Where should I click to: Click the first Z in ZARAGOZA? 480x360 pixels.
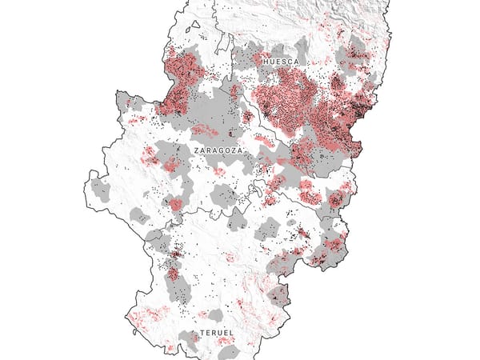point(195,150)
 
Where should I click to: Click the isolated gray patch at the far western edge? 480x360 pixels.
point(101,189)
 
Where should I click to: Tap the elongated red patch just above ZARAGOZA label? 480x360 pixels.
point(205,130)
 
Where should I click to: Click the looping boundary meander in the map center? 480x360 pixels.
point(255,190)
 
